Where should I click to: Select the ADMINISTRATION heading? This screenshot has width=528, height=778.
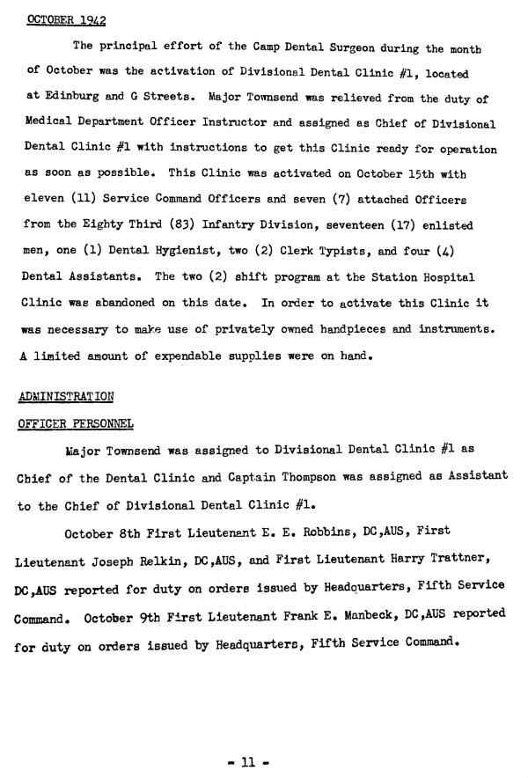(x=67, y=396)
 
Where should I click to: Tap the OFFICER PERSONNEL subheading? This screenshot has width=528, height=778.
(x=76, y=423)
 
